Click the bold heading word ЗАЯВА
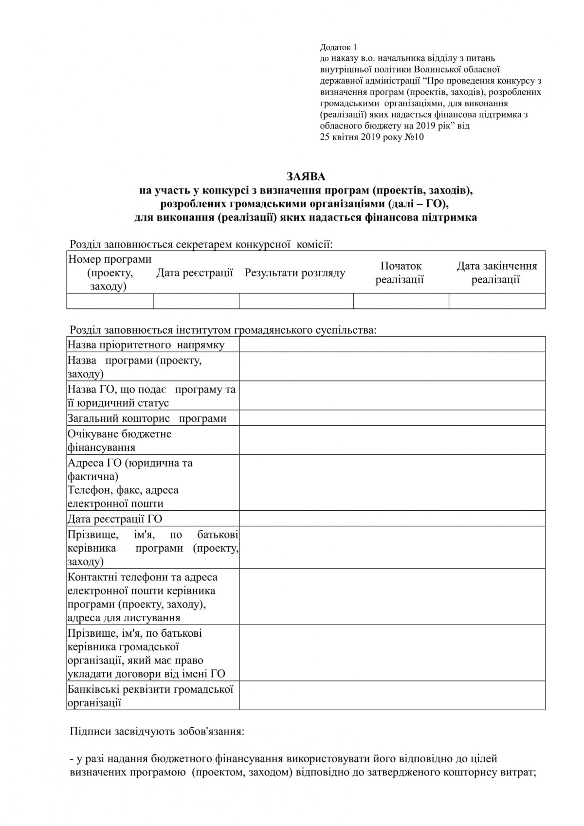coord(306,176)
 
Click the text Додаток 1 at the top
coord(338,47)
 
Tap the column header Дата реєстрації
coord(195,273)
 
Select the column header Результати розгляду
coord(295,273)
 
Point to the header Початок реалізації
coord(401,272)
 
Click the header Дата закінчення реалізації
coord(496,272)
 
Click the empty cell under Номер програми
coord(110,301)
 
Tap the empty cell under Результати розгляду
coord(296,301)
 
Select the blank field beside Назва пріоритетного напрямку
coord(392,344)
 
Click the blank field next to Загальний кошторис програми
coord(392,418)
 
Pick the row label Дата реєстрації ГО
coord(115,519)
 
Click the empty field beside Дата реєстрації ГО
coord(392,519)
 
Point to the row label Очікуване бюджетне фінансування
coord(120,440)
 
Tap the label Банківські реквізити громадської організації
coord(150,696)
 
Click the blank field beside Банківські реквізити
coord(392,696)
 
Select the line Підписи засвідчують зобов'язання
coord(157,731)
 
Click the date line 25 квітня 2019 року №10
coord(372,137)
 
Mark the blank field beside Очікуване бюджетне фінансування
coord(392,440)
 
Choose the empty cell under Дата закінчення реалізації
coord(496,301)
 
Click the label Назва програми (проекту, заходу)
coord(134,367)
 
